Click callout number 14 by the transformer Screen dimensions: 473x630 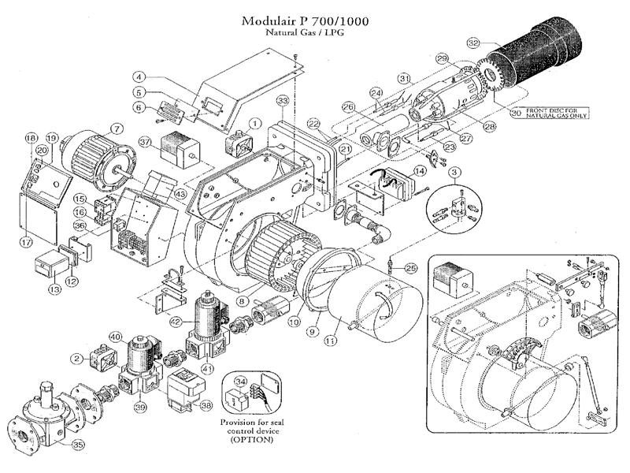(420, 170)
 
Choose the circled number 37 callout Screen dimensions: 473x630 (145, 141)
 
